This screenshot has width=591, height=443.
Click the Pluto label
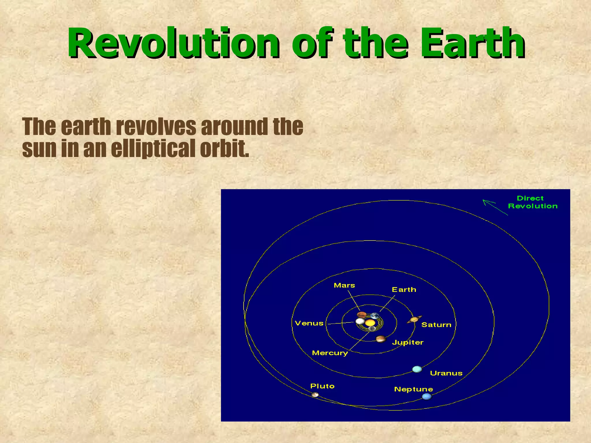[322, 386]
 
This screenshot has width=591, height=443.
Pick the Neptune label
[414, 389]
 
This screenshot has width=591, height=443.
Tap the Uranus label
[446, 373]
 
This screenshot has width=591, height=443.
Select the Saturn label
[436, 325]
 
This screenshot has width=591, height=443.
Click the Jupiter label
[407, 342]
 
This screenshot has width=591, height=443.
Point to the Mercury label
[330, 353]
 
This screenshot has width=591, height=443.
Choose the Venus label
[309, 323]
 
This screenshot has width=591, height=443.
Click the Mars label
[344, 285]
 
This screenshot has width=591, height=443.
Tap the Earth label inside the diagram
[404, 290]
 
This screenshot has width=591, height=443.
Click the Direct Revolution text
[532, 202]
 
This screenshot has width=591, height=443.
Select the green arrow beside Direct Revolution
[495, 207]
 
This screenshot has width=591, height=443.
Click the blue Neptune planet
[427, 396]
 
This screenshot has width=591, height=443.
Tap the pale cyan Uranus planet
[417, 369]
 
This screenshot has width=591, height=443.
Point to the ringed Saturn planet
[414, 320]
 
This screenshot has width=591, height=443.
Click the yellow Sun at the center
[370, 323]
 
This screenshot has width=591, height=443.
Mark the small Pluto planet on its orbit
[315, 394]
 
